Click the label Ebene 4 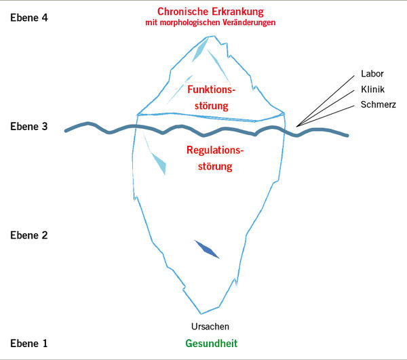point(29,18)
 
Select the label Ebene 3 point(29,127)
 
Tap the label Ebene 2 point(29,235)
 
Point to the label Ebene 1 point(29,343)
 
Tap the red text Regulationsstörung point(214,157)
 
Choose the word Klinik point(372,90)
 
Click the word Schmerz point(377,105)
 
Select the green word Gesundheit point(212,343)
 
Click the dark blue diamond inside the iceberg point(207,249)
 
